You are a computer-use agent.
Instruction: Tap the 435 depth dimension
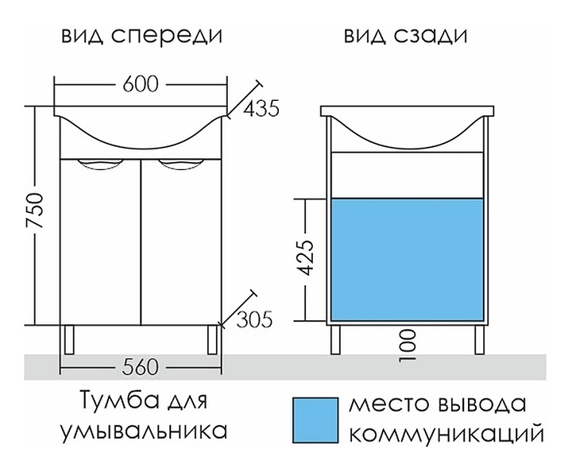261,109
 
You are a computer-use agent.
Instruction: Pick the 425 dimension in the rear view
313,259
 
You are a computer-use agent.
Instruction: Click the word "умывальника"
142,431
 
